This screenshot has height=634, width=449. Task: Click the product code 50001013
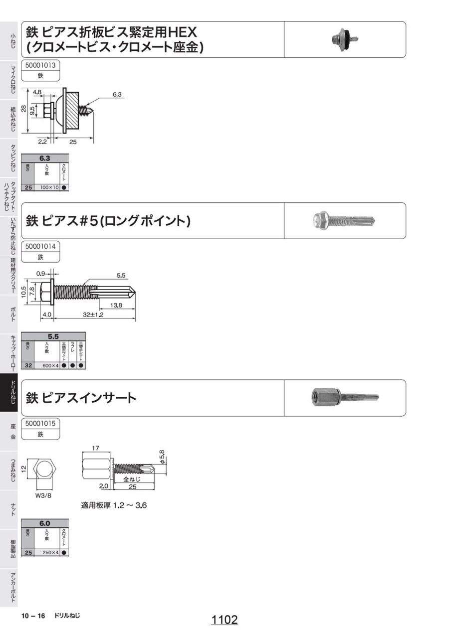point(40,65)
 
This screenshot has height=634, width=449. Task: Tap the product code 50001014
point(40,246)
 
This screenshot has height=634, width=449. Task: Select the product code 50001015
point(40,423)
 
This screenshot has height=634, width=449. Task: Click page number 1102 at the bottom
point(224,620)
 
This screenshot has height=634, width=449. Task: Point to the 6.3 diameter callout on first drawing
point(118,94)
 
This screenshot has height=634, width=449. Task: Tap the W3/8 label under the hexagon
point(44,495)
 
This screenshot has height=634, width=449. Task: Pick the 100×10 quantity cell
point(49,187)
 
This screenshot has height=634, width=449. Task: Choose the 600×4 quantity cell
point(50,365)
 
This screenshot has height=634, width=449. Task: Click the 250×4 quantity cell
point(50,552)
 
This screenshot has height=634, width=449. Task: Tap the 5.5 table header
point(53,336)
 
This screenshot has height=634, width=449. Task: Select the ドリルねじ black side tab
point(9,393)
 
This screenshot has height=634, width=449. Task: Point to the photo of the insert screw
point(344,397)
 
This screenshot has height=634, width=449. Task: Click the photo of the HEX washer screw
point(344,39)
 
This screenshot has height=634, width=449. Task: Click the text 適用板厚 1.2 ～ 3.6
point(114,505)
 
